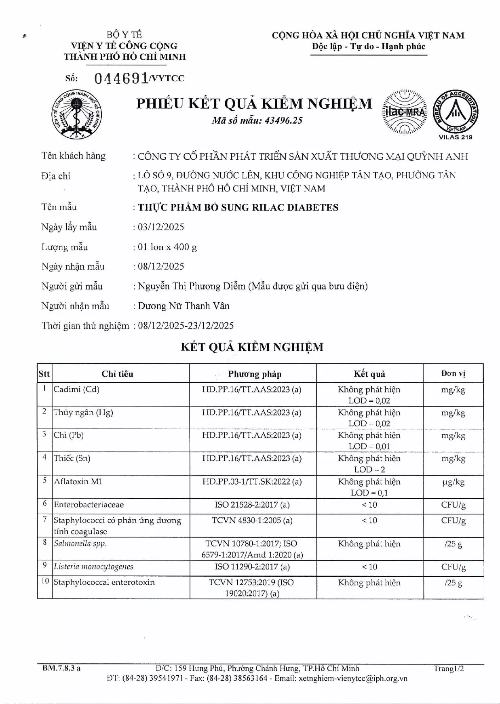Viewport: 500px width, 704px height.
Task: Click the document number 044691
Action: (121, 78)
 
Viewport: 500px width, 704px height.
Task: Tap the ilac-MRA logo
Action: (404, 112)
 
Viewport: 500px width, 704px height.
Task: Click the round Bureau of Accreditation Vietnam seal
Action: (456, 112)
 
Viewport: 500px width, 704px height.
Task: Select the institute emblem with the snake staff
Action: (78, 114)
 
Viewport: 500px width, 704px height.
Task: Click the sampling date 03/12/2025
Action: (161, 227)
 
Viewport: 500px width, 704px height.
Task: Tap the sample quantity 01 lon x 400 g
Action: (167, 247)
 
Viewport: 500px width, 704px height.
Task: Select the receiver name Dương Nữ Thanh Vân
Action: (184, 306)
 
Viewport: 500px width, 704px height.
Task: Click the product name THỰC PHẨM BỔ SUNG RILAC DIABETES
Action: (238, 207)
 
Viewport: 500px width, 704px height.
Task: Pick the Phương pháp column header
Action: (255, 374)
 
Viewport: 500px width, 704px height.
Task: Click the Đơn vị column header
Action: (453, 373)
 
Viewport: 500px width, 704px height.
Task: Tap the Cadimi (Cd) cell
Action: (76, 389)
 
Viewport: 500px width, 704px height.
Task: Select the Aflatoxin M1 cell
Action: (78, 481)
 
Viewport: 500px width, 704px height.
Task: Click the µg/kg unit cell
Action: (453, 482)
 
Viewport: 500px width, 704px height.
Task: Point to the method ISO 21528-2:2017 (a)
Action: (252, 505)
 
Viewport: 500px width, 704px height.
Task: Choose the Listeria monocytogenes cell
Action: (93, 567)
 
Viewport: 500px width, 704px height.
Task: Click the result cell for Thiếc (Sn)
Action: (369, 464)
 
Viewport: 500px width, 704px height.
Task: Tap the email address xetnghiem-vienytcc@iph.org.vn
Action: (353, 679)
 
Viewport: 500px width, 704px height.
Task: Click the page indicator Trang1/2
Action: (449, 668)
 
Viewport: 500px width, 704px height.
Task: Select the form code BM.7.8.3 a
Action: (61, 668)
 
